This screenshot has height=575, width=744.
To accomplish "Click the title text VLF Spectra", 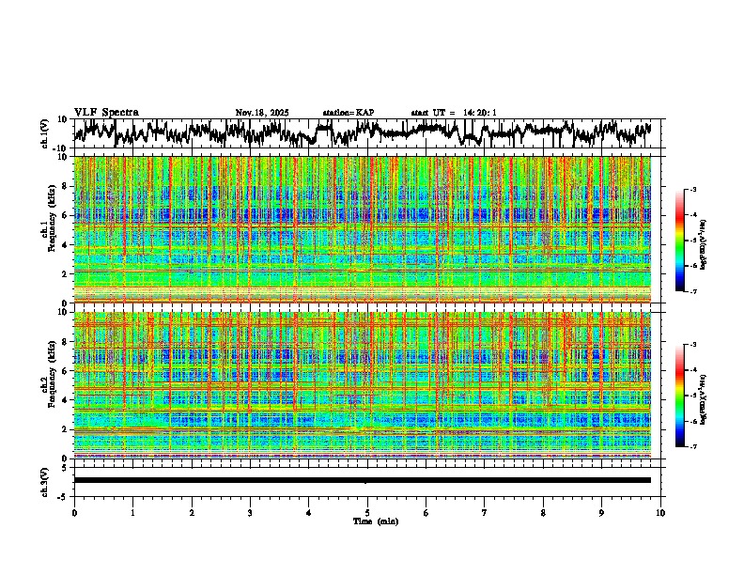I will point(106,113).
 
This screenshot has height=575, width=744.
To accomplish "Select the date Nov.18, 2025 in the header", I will point(262,113).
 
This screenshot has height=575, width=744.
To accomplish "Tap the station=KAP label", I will point(349,113).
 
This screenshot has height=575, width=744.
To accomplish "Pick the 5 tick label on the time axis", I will point(367,513).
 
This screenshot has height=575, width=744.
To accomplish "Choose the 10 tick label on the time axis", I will point(660,513).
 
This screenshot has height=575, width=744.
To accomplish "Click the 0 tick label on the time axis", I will point(74,513).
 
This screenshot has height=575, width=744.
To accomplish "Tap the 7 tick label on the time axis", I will point(485,513).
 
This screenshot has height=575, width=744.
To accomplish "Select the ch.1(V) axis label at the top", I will point(44,133).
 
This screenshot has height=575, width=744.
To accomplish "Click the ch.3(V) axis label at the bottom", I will point(44,480).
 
